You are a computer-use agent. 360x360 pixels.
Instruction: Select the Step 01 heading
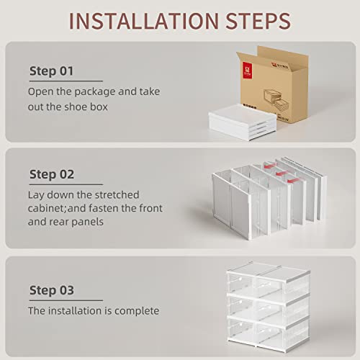pos(51,71)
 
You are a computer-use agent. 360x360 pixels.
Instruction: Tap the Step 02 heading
pos(52,174)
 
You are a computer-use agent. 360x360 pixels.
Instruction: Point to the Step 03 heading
pos(52,290)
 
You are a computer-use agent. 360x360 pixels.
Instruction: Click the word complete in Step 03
pos(136,311)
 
